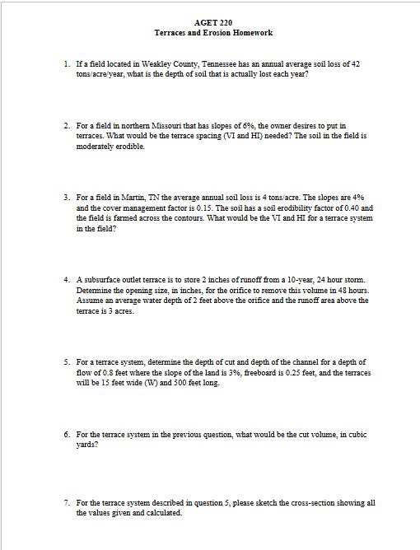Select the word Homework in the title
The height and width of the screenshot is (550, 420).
point(251,33)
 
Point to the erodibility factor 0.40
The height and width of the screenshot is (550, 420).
point(346,208)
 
